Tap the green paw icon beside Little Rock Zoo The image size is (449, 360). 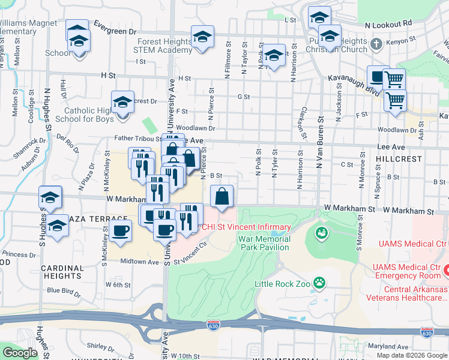point(321,281)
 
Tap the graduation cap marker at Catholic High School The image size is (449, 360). point(122,102)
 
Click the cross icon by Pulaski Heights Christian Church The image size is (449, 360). point(376,44)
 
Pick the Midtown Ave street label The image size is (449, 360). point(139,262)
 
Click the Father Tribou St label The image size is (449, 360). point(137,139)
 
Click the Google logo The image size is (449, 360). point(20,353)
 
